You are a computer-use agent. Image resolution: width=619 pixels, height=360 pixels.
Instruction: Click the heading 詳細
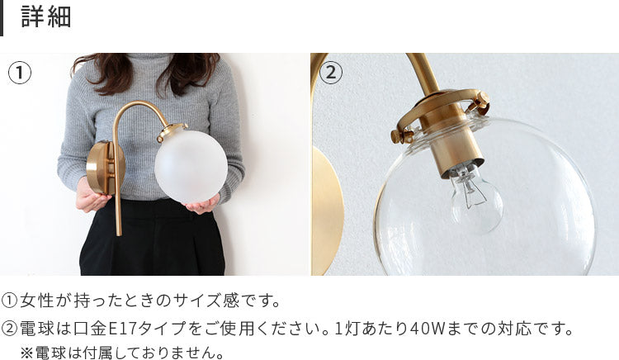point(46,17)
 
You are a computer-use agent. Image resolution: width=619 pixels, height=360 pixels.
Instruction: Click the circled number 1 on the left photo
point(19,73)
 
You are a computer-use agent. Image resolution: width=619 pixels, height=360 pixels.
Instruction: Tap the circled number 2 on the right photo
point(331,73)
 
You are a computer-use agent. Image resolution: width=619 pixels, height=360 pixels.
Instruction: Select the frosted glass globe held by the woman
point(191,166)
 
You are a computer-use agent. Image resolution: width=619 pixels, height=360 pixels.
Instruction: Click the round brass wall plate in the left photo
point(103,168)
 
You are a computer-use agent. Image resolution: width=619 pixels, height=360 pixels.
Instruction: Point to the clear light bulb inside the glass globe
point(477,197)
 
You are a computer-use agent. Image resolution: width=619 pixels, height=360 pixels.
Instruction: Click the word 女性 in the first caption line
point(36,301)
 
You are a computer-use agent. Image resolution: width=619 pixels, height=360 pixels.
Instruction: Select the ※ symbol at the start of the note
point(26,353)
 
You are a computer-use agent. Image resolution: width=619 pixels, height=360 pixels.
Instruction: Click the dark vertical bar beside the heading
point(2,18)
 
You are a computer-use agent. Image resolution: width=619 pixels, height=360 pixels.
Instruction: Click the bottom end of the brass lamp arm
point(118,234)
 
